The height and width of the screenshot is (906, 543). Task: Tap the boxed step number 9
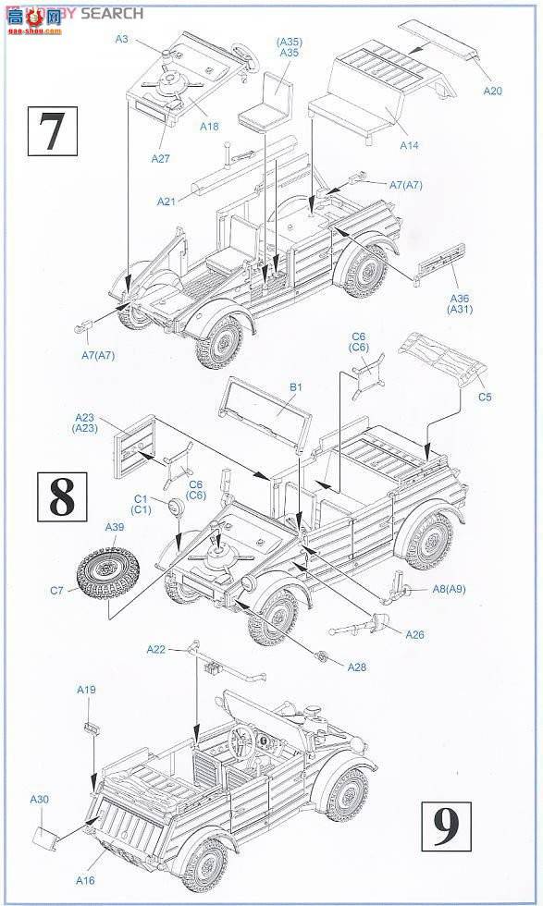coord(446,825)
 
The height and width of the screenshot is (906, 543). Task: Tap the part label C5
coord(485,398)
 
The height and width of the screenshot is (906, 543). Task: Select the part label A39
coord(114,527)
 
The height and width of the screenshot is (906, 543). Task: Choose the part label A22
coord(155,650)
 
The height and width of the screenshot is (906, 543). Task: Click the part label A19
coord(86,690)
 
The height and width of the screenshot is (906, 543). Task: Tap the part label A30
coord(40,799)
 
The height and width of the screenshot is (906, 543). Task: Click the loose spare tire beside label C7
coord(108,567)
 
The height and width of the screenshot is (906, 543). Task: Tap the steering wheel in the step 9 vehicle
coord(243,740)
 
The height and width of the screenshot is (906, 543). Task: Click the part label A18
coord(211,127)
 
